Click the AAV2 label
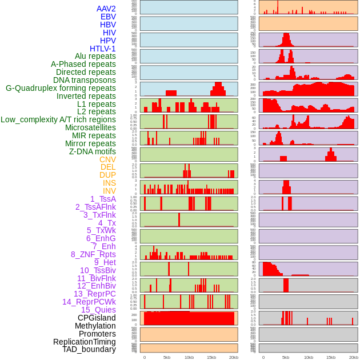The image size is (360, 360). point(106,9)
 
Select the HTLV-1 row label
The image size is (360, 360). point(102,49)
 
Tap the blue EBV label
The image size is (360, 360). point(107,17)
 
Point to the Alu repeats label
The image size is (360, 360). point(95,56)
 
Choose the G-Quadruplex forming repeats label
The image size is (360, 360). point(61,88)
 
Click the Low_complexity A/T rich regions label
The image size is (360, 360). point(58,119)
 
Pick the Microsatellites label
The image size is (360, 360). point(90,127)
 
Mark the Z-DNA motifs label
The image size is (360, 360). point(92,151)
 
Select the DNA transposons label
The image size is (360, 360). point(85,80)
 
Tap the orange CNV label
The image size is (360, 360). point(107,159)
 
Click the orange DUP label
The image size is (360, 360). point(107,175)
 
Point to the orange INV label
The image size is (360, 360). point(109,191)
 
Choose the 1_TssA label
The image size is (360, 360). point(103,199)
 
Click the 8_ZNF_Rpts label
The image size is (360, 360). point(93,254)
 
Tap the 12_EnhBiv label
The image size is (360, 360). point(97,286)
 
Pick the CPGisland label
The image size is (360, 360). point(97,318)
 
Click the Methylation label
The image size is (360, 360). point(95,326)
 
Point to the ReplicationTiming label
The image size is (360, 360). point(84,342)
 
